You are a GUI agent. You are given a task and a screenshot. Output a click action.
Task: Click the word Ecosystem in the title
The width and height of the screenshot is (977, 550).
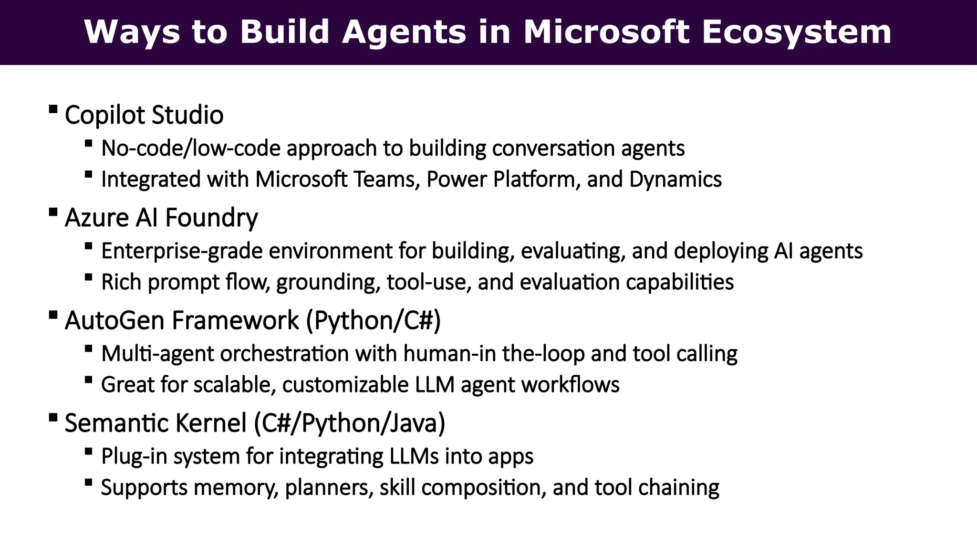[x=796, y=32]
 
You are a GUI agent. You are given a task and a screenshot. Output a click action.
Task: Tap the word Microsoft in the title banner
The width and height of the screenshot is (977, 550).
[x=606, y=32]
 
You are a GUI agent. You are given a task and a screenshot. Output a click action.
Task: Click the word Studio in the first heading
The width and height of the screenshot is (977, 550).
[x=187, y=115]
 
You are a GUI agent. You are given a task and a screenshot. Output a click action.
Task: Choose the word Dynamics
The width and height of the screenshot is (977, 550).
[x=675, y=180]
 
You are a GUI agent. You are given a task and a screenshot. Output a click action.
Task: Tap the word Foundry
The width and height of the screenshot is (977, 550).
[x=211, y=218]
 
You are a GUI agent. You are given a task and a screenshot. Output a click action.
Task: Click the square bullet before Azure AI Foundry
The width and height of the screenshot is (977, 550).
[x=53, y=212]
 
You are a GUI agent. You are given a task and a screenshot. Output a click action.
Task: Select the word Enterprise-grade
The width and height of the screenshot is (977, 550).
[x=182, y=251]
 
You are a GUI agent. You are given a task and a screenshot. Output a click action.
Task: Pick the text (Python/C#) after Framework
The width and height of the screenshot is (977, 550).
[x=373, y=320]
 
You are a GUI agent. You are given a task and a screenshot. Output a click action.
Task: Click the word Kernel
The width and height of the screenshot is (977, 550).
[x=211, y=423]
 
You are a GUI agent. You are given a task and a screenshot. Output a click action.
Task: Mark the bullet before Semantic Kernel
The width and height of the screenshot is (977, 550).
[x=53, y=417]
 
